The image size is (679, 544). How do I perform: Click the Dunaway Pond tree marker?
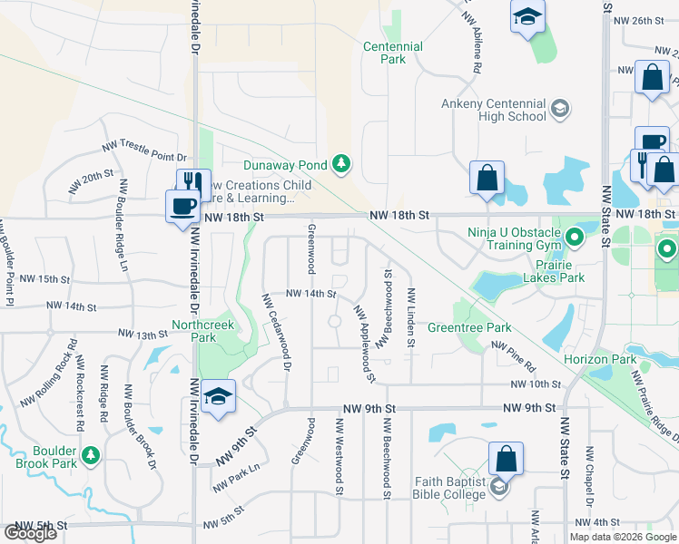[341, 164]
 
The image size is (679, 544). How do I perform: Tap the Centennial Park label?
[392, 53]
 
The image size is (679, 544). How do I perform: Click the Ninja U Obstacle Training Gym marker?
[574, 238]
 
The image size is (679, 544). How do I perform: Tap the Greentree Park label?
[469, 327]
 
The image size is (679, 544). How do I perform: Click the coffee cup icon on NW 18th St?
[182, 205]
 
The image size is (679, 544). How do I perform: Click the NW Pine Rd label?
[513, 355]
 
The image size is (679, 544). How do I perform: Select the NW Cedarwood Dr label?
[276, 332]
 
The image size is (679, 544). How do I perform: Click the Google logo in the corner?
[30, 533]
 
